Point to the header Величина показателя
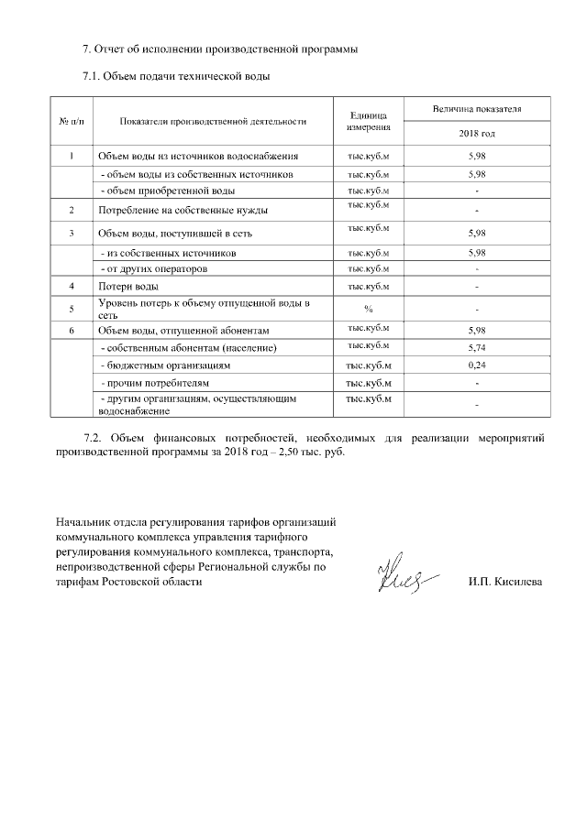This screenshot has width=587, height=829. point(477,109)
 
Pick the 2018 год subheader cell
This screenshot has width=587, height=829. point(477,134)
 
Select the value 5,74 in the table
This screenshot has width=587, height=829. point(476,348)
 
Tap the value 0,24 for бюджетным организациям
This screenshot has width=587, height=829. point(476,365)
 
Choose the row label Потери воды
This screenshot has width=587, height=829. point(127,287)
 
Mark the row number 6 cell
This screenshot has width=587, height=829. point(71,329)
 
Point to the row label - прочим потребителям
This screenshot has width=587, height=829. point(155,382)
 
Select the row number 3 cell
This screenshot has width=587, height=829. point(71,233)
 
